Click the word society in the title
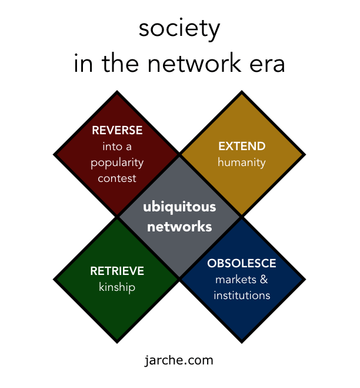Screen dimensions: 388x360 179,29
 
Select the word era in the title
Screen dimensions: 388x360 267,64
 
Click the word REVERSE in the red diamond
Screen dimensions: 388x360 117,131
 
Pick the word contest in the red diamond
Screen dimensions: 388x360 117,177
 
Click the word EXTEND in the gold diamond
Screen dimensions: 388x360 242,146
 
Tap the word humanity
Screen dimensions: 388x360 242,162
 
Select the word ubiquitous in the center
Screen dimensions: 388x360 179,207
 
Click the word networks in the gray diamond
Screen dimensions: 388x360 179,226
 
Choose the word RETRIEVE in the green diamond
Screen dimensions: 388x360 117,271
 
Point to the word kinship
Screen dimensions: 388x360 117,287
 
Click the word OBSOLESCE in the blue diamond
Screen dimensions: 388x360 242,263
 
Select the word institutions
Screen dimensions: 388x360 242,295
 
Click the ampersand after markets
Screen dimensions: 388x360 264,279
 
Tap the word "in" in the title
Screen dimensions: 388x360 83,64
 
